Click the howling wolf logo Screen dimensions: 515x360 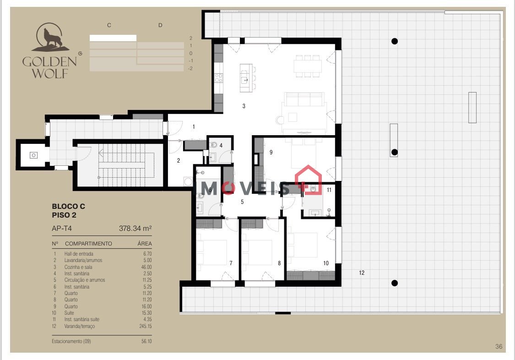(50, 37)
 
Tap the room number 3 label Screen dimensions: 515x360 (244, 106)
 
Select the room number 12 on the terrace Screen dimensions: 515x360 (362, 273)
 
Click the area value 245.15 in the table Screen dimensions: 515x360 (146, 326)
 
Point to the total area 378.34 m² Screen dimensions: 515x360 (136, 228)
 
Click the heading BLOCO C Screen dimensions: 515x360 (68, 206)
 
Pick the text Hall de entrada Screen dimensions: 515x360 (79, 254)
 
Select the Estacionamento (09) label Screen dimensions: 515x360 (71, 341)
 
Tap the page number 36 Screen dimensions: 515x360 (499, 346)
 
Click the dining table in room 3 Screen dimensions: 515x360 (308, 66)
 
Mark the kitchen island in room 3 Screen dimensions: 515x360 (245, 78)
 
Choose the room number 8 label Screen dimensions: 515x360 (279, 263)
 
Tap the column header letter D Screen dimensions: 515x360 (160, 25)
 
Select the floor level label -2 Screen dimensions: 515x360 (190, 68)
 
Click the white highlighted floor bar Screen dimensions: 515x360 (113, 38)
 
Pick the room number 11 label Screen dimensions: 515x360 (329, 190)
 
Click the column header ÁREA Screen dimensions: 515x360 (145, 243)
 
